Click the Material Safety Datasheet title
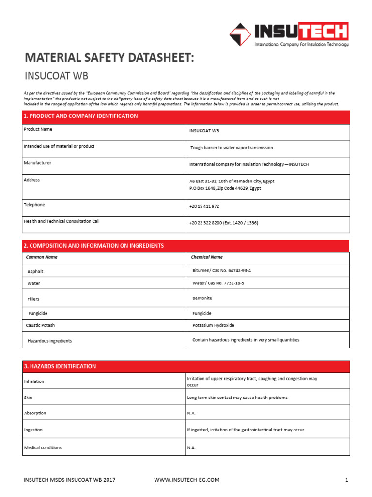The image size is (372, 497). (x=109, y=58)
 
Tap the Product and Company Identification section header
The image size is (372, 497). (x=80, y=116)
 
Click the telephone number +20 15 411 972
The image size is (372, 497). (x=204, y=206)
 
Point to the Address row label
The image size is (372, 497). (x=32, y=180)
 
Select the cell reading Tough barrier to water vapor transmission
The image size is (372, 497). (x=232, y=148)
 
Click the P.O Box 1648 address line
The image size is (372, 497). (x=225, y=188)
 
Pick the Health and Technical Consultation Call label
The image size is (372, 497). (x=62, y=222)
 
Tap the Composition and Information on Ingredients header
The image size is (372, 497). (x=94, y=246)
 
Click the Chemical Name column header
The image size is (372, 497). (x=207, y=257)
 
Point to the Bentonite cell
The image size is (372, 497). (x=202, y=298)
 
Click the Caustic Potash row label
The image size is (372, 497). (x=42, y=325)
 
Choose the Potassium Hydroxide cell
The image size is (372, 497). (x=213, y=325)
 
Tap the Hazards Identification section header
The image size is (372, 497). (x=60, y=366)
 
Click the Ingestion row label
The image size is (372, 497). (x=33, y=430)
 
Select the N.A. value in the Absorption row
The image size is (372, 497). (x=191, y=413)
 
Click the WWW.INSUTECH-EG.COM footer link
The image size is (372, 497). (x=186, y=480)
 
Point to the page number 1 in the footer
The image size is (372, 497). (x=347, y=480)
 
